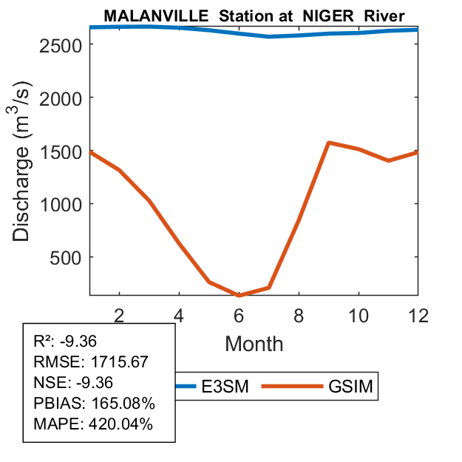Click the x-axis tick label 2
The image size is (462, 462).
tap(119, 314)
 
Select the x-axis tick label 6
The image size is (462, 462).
tap(239, 314)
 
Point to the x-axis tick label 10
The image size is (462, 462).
tap(359, 314)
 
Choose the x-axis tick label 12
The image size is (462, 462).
tap(418, 314)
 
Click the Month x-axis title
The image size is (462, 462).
tap(254, 343)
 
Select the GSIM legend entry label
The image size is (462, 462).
tap(350, 386)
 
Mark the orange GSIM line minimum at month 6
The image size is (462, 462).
tap(239, 295)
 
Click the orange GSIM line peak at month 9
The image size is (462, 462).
tap(328, 143)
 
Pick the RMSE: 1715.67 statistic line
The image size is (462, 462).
tap(92, 362)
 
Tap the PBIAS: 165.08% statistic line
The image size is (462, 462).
tap(94, 404)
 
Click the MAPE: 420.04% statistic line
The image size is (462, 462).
tap(93, 424)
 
